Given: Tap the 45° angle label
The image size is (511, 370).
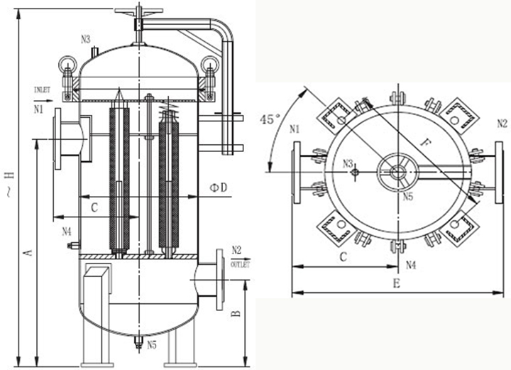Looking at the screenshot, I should (271, 119).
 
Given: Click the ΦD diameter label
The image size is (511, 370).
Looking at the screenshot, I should (219, 187).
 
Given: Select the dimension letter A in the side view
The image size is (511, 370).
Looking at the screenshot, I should (28, 252).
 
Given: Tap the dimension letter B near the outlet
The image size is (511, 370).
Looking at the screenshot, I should (237, 310).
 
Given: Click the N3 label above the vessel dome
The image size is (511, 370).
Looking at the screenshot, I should (85, 39).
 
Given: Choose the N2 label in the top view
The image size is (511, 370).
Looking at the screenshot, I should (501, 123).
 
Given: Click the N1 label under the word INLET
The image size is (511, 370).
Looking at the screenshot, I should (38, 110).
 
